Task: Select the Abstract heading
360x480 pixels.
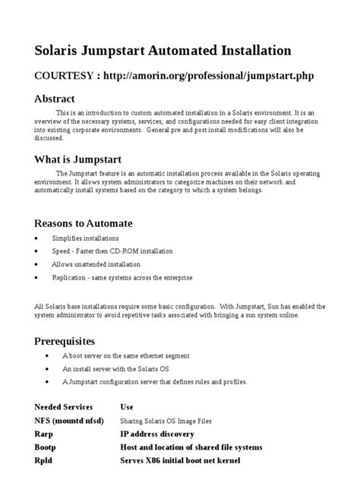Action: click(x=55, y=99)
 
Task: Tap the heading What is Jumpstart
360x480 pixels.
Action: click(x=77, y=159)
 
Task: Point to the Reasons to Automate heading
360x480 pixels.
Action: click(x=84, y=223)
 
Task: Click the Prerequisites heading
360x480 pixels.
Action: click(x=65, y=340)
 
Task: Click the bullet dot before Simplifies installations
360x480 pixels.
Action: click(x=37, y=238)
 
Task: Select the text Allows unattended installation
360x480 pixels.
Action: click(x=96, y=264)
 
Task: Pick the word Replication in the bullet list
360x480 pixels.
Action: click(x=70, y=278)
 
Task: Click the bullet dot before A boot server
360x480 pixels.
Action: click(x=47, y=355)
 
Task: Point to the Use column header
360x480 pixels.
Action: click(x=127, y=407)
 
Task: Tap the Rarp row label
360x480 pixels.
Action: click(x=44, y=434)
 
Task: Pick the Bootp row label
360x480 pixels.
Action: click(x=47, y=447)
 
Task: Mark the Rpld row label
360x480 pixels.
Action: click(x=44, y=460)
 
